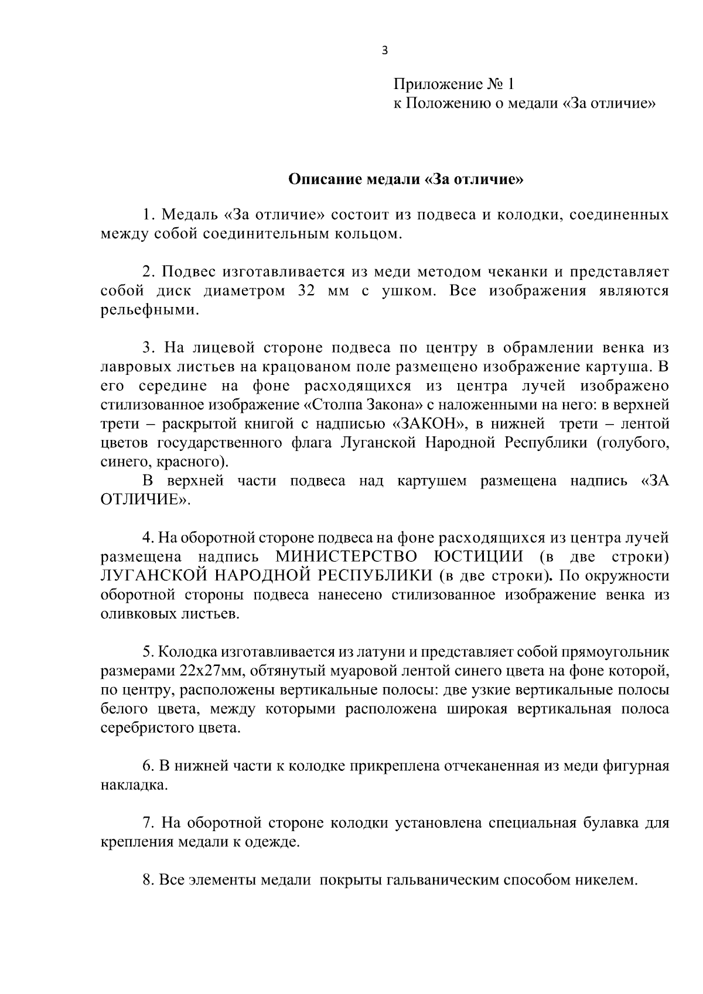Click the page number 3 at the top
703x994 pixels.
pyautogui.click(x=384, y=51)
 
